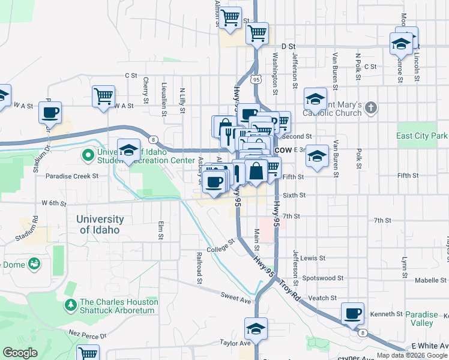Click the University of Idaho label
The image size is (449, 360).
point(100,224)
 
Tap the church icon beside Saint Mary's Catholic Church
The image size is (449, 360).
point(371,108)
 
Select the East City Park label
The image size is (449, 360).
point(422,136)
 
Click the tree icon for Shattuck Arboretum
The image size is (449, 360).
point(71,305)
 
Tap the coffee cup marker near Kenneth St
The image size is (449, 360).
point(352,313)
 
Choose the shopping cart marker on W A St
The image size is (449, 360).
point(103,95)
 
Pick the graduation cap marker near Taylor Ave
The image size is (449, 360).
point(256,329)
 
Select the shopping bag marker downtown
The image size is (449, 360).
point(256,170)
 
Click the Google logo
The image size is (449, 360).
point(20,353)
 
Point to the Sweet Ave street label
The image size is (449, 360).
point(235,296)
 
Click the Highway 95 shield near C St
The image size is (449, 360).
point(256,79)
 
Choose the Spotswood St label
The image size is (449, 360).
point(323,278)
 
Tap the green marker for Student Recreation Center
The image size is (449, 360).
point(88,155)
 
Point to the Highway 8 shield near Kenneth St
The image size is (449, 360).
point(361,332)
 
